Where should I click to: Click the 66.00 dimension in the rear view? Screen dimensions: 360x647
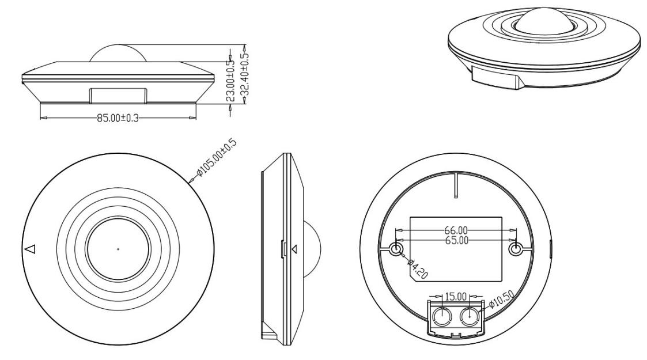[456, 230]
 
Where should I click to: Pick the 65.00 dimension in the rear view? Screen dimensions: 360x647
[457, 240]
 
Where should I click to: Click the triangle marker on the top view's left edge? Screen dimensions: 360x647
[31, 249]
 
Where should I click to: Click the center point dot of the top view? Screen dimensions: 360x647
[118, 249]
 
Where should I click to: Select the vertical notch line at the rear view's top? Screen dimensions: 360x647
[455, 184]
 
